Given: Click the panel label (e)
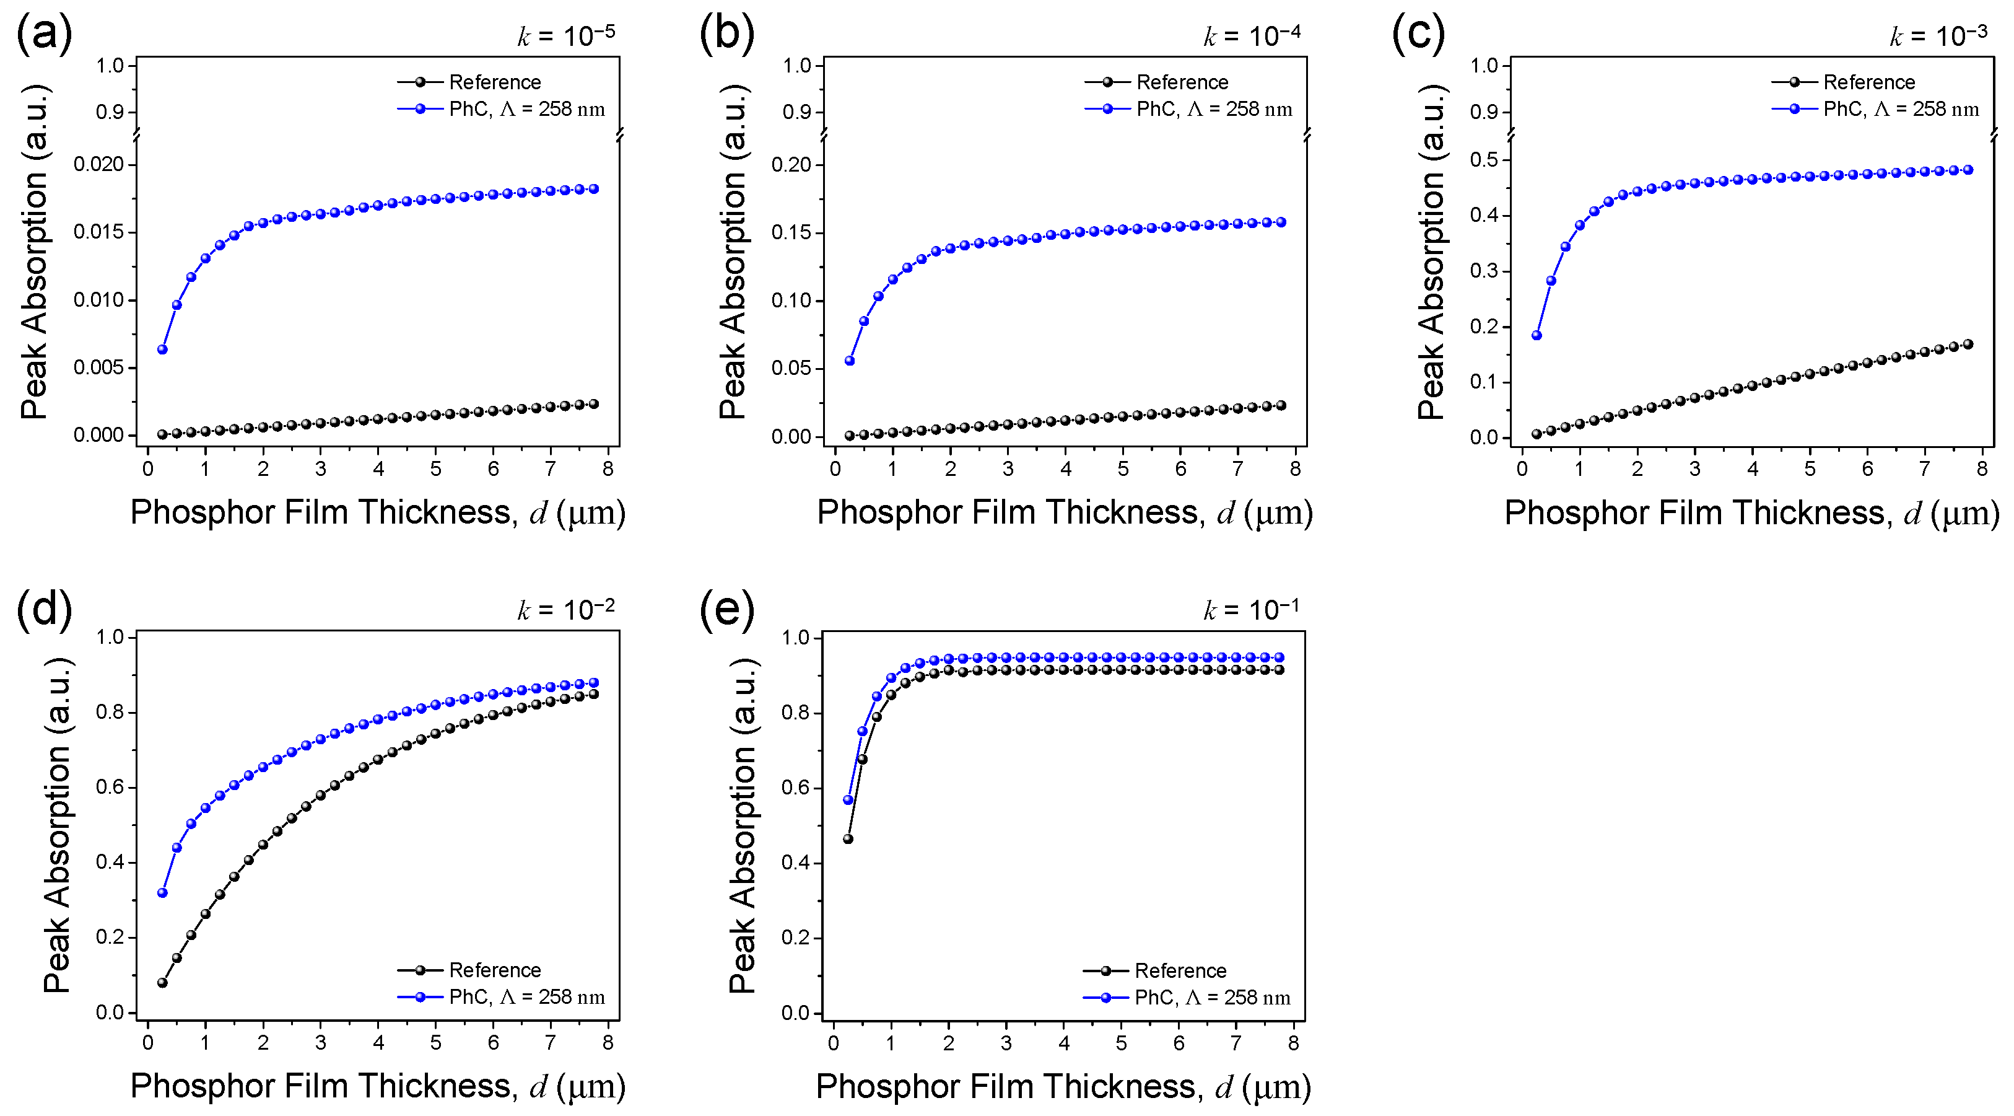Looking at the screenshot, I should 726,609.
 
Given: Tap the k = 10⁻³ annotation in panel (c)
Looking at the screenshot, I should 1938,36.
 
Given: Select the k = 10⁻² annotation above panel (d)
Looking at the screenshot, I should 565,609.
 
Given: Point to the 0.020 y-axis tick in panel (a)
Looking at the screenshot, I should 98,164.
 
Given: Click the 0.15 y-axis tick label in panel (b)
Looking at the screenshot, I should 791,233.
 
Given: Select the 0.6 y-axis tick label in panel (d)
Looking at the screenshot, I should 110,788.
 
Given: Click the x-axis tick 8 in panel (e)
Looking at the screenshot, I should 1293,1044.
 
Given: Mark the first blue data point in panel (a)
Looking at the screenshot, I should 163,349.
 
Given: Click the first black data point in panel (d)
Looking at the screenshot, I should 163,983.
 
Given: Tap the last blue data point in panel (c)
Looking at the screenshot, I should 1969,170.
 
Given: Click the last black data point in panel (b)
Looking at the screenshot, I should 1281,405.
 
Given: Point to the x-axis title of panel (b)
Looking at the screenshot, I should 1064,513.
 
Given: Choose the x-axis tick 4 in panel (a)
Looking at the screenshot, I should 378,469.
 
